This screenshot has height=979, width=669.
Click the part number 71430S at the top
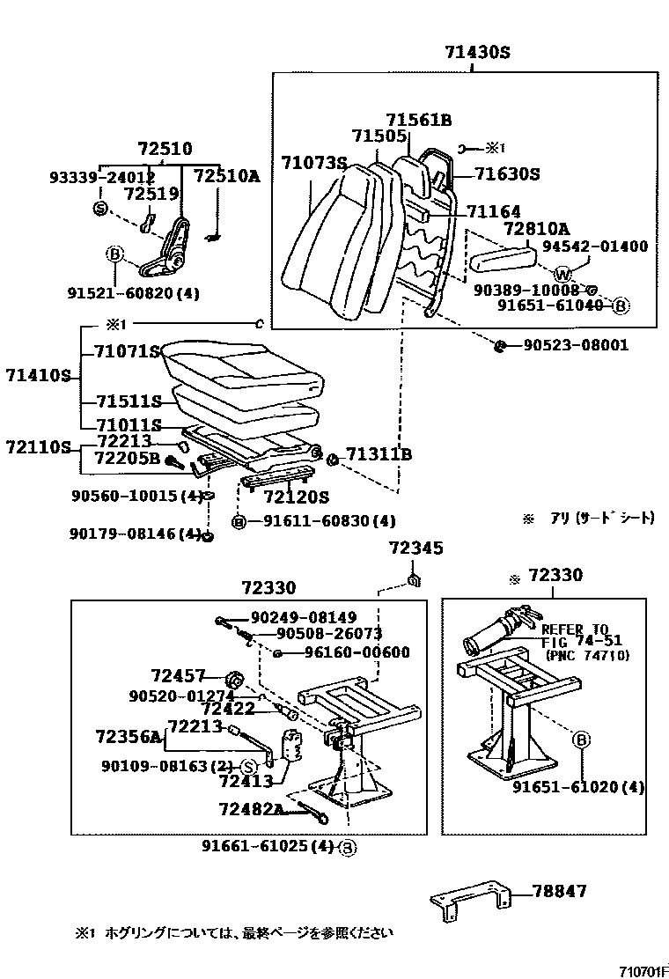point(470,53)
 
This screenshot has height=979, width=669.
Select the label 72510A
point(226,176)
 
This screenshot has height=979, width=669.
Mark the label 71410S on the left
point(36,376)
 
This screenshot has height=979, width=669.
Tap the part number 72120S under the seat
point(298,496)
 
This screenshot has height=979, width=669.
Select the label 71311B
point(379,455)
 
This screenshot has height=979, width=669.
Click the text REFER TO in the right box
point(574,629)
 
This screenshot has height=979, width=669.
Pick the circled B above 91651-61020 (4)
point(581,740)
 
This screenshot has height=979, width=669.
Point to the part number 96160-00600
point(357,652)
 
